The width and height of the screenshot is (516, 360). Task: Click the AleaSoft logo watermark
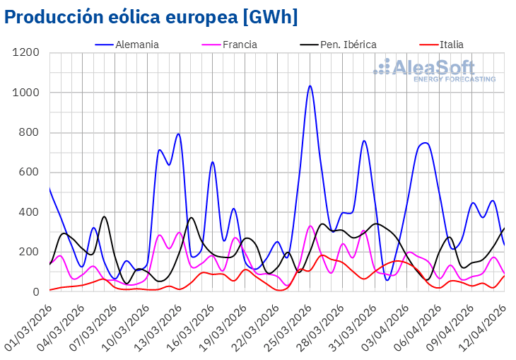pyautogui.click(x=434, y=70)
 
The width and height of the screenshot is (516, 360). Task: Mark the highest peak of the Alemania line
pyautogui.click(x=310, y=86)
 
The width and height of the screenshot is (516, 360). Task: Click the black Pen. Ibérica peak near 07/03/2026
pyautogui.click(x=105, y=216)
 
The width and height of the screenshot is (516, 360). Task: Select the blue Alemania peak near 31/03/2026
pyautogui.click(x=364, y=141)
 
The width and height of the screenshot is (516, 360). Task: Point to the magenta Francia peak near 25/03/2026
pyautogui.click(x=310, y=226)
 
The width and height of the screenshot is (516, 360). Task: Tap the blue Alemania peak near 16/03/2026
pyautogui.click(x=212, y=162)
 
